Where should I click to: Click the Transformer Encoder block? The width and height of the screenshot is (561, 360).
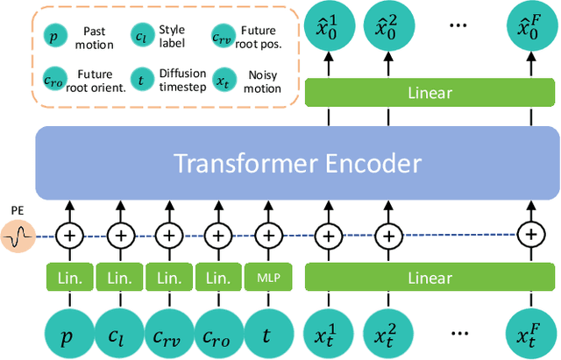coord(297,164)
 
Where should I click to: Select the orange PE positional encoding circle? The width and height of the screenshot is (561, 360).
coord(18,235)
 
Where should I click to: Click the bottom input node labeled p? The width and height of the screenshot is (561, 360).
coord(68,332)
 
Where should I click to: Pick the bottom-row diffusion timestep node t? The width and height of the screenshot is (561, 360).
coord(266,332)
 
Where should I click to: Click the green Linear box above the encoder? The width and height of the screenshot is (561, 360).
coord(430,93)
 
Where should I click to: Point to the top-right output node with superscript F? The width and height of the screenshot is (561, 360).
coord(529,26)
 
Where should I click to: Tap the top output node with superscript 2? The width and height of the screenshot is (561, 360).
coord(387,26)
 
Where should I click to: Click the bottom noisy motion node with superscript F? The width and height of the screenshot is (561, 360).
coord(529,332)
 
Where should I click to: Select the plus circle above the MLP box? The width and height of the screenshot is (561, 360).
coord(266,235)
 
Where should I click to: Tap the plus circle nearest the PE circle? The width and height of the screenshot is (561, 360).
coord(68,235)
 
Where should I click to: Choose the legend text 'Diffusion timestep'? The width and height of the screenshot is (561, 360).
coord(179,81)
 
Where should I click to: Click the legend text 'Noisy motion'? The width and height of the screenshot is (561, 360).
coord(263,81)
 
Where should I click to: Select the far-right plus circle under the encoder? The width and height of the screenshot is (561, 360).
coord(529,235)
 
